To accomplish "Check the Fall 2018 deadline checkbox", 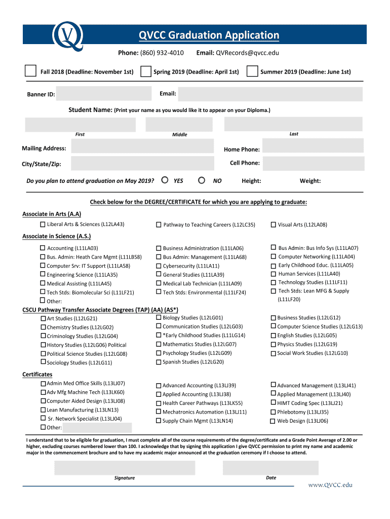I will pos(31,71).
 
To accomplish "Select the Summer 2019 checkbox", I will pos(252,71).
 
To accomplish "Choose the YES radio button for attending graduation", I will pos(165,180).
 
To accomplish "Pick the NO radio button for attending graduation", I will pos(202,180).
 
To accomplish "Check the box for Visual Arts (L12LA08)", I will pos(273,225).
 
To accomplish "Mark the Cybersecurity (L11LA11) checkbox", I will pos(159,266).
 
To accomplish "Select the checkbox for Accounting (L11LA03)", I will pos(43,248).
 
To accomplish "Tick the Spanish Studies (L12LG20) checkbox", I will pos(159,362).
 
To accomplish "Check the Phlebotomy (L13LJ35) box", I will pos(273,412).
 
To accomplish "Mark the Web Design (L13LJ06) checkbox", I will pos(272,421).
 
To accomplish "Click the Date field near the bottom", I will pos(270,467).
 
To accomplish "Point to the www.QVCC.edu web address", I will pos(330,485).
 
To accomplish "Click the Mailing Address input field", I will pos(142,146).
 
